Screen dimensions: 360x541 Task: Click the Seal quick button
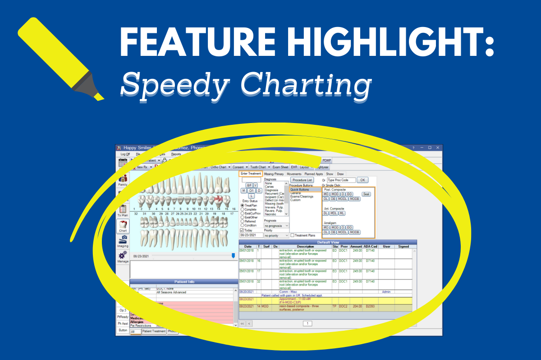366,194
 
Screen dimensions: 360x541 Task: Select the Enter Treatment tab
251,174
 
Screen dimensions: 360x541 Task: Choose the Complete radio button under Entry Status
243,209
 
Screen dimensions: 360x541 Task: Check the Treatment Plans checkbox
293,235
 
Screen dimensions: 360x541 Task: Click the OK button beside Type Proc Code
362,180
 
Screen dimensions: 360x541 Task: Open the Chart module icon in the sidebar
123,225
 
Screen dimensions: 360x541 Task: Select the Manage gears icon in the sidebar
123,255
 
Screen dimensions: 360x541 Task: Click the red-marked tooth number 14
219,201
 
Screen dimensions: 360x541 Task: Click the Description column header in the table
305,247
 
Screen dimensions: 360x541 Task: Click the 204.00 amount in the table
356,306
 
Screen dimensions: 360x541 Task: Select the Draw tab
340,174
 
